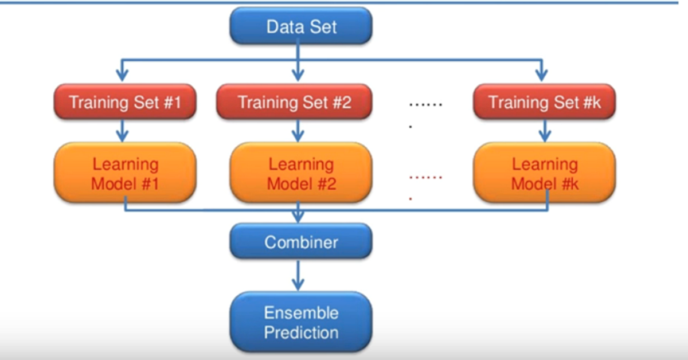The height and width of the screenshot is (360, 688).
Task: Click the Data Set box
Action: point(301,26)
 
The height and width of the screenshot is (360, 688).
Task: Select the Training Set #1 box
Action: point(125,103)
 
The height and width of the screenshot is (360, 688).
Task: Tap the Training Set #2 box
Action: point(294,103)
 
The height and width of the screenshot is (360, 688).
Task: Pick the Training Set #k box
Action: point(544,103)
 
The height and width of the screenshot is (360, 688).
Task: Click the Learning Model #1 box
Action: point(125,174)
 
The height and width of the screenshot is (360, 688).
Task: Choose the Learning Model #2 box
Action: point(300,174)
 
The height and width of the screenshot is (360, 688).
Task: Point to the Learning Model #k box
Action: point(544,174)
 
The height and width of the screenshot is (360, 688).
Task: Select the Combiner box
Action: point(300,242)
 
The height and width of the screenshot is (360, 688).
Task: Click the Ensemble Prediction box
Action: point(300,322)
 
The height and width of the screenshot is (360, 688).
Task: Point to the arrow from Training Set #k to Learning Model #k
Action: point(545,131)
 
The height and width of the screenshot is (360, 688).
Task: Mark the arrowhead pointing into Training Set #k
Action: point(541,76)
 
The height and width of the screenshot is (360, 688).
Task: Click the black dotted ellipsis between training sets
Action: point(425,105)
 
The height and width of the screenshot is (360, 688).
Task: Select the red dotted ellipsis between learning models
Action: point(425,178)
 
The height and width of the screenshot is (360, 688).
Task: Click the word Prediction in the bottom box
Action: point(301,332)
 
